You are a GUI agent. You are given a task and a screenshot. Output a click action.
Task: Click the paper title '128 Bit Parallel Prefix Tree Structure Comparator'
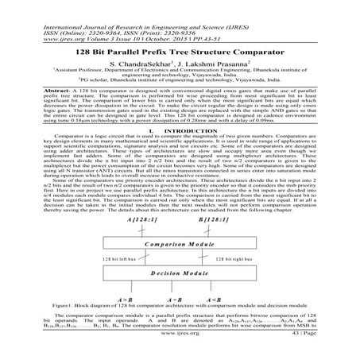180,50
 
